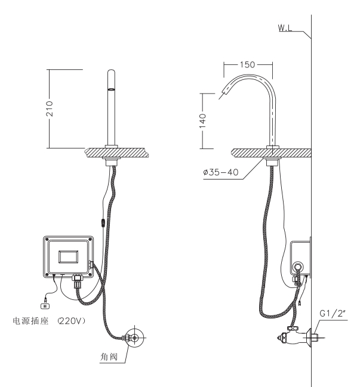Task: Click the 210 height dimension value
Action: point(50,109)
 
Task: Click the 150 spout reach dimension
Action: point(247,64)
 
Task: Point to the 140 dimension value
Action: point(203,120)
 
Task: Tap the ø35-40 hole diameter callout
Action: point(221,172)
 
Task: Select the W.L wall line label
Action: point(285,27)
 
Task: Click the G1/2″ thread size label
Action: point(332,314)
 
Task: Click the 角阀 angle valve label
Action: point(109,357)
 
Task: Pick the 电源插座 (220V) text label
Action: point(50,321)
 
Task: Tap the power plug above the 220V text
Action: point(45,306)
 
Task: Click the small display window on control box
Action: point(69,256)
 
